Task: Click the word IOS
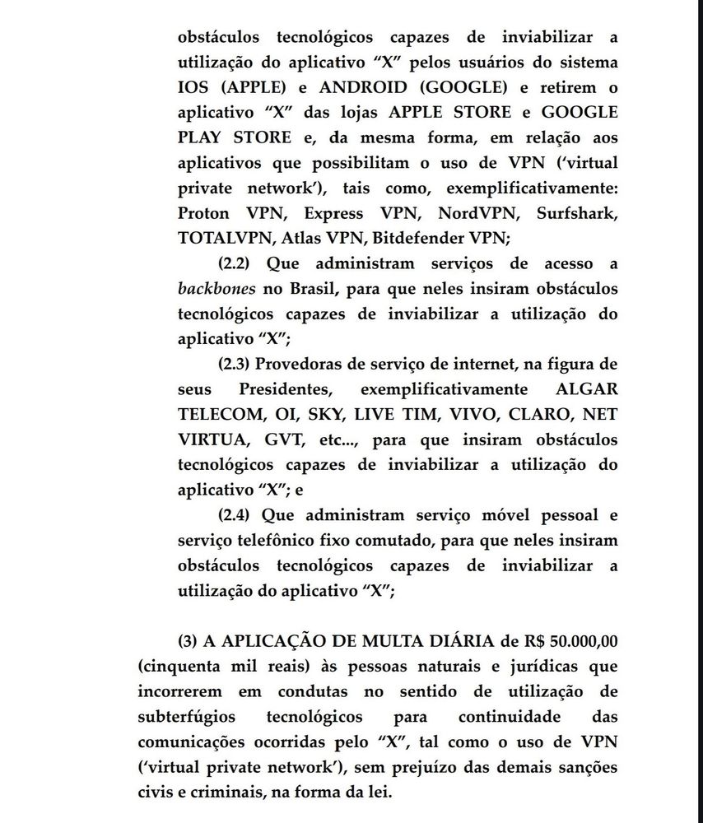194,88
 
